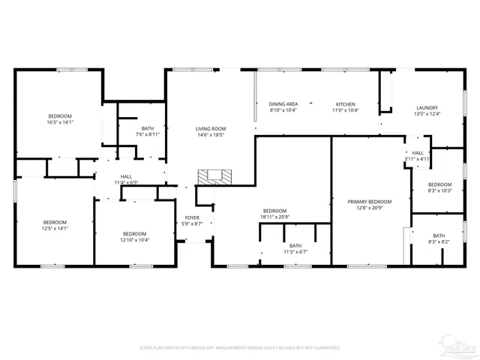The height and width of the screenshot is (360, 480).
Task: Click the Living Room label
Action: tap(211, 132)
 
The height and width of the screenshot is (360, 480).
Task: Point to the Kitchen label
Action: tap(346, 106)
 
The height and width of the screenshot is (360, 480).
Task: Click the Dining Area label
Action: tap(283, 106)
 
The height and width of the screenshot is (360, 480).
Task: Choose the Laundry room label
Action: tap(427, 110)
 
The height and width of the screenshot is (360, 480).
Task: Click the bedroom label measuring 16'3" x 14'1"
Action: tap(60, 118)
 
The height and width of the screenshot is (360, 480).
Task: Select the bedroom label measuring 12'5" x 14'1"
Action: tap(55, 225)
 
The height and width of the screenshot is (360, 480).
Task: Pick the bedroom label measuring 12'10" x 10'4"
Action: tap(135, 236)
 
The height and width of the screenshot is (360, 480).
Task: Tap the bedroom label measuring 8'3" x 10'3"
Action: tap(439, 187)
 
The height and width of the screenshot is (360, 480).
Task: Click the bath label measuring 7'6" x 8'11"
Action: tap(148, 131)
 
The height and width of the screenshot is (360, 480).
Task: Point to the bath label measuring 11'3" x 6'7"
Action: tap(295, 248)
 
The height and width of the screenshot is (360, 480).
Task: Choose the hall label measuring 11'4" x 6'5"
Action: tap(127, 179)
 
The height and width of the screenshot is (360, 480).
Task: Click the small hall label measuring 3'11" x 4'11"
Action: tap(418, 155)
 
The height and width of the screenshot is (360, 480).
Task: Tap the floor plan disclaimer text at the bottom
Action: tap(240, 348)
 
